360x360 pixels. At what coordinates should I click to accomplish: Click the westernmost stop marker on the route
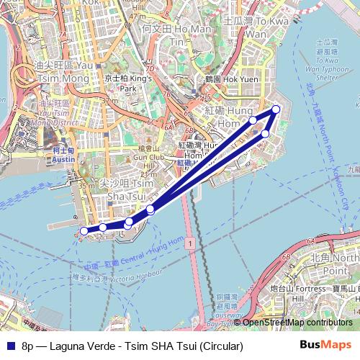84,231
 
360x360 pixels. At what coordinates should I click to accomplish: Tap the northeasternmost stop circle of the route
276,109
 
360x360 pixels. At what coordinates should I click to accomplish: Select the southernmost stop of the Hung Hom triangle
265,134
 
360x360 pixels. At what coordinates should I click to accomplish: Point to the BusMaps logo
325,346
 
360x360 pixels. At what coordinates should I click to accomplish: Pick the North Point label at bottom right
338,264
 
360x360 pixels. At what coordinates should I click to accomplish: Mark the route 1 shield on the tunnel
188,246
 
